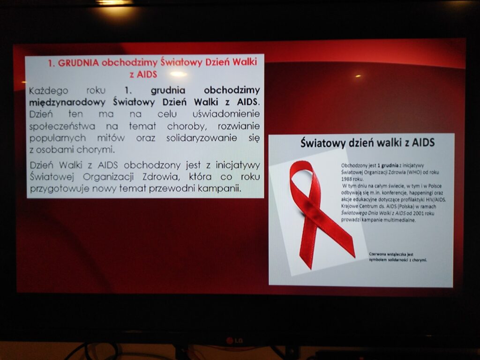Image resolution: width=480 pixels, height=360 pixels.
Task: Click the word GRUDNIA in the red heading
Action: point(78,63)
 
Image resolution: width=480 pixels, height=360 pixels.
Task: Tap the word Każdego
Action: point(48,91)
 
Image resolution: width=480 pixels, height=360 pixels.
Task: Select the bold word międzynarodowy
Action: point(67,102)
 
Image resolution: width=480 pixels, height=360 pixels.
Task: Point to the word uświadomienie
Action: point(226,114)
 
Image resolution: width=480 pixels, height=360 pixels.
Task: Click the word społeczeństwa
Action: point(62,126)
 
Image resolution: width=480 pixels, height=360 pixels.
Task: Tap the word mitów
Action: point(111,138)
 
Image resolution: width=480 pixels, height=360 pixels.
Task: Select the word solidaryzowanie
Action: point(202,138)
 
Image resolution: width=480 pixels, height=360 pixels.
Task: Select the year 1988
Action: point(346,179)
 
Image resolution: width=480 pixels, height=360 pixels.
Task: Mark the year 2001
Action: point(418,213)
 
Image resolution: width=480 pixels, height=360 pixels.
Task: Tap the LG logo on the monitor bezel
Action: point(234,341)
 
